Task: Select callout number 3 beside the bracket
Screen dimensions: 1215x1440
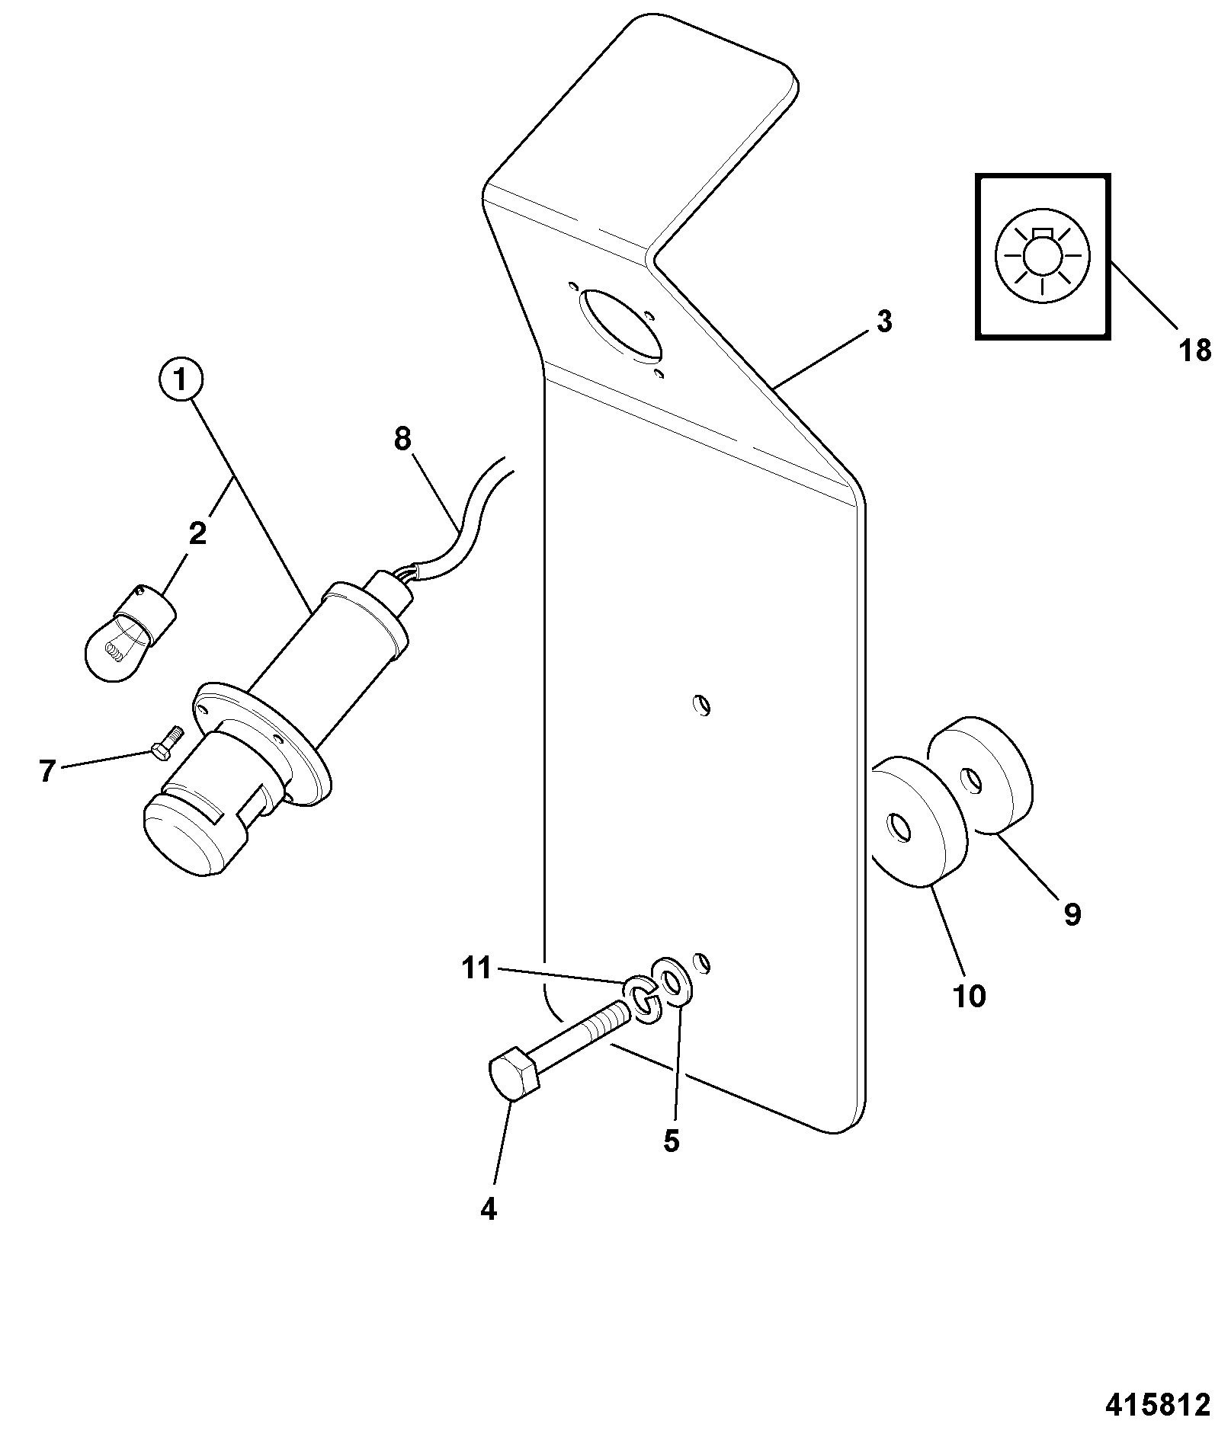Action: [x=883, y=322]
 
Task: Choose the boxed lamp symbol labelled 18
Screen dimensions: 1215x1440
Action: [x=1043, y=256]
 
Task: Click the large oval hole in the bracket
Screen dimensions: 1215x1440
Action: [x=620, y=323]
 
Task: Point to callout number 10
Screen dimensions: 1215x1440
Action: [x=969, y=995]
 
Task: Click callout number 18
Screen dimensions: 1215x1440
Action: [x=1194, y=350]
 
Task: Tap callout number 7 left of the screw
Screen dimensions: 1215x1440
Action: [x=47, y=773]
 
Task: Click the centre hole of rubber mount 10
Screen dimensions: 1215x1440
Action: [x=898, y=828]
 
